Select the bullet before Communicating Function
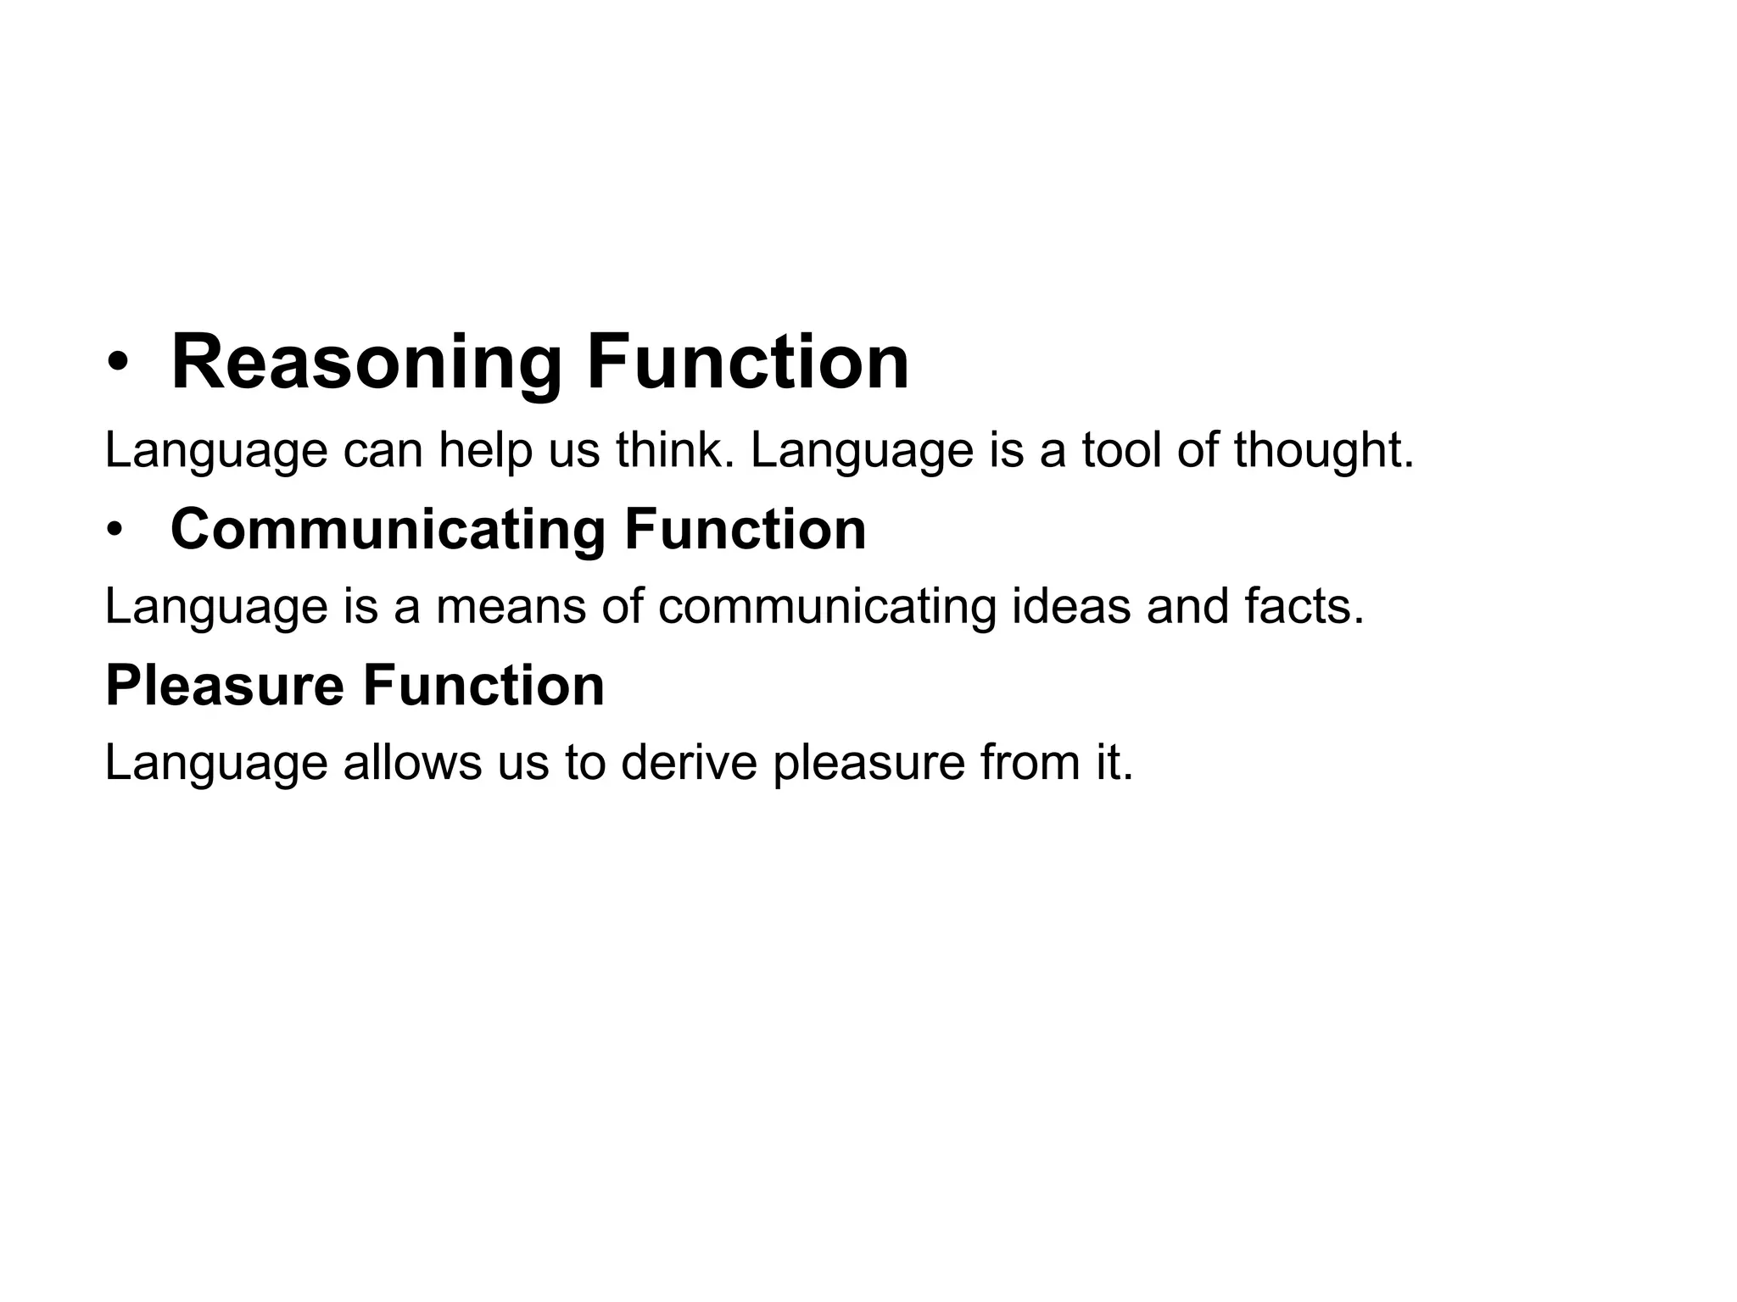point(115,531)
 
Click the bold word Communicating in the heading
point(388,531)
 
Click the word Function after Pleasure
point(483,686)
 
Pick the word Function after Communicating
point(745,530)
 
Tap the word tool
point(1121,450)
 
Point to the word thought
point(1323,450)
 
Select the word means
point(511,607)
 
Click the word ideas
point(1071,607)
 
